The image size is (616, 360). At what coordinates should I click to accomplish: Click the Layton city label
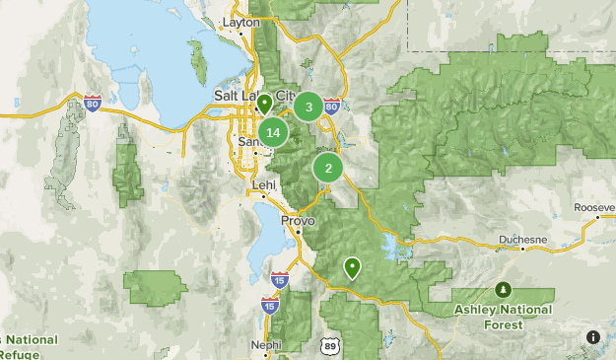(x=240, y=21)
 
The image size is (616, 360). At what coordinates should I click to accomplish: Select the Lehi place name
(x=264, y=184)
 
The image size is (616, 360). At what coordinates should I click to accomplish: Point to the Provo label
(x=297, y=221)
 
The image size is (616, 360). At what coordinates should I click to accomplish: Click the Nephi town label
(x=265, y=345)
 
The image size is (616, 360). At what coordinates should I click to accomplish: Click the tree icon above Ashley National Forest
(x=504, y=289)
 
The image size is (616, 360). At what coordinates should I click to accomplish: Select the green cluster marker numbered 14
(x=273, y=132)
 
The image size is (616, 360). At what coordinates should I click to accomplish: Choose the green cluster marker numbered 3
(x=308, y=107)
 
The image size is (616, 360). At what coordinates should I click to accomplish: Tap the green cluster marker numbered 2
(x=327, y=168)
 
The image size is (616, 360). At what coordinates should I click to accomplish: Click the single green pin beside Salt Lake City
(x=263, y=103)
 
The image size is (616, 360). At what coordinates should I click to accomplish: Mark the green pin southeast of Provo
(x=352, y=266)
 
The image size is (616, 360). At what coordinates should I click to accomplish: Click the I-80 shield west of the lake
(x=93, y=104)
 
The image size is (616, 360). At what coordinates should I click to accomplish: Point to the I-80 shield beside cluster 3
(x=331, y=106)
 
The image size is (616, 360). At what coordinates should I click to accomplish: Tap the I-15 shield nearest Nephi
(x=269, y=307)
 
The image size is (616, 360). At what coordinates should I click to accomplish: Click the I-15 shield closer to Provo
(x=280, y=280)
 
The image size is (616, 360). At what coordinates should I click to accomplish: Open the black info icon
(x=593, y=337)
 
